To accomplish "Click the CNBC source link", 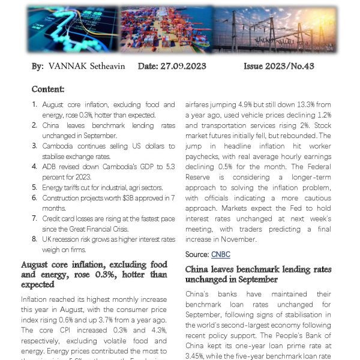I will pyautogui.click(x=221, y=254).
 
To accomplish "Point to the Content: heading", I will pyautogui.click(x=48, y=89).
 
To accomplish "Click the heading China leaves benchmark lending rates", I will pyautogui.click(x=258, y=270).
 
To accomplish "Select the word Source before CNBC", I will pyautogui.click(x=197, y=254).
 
